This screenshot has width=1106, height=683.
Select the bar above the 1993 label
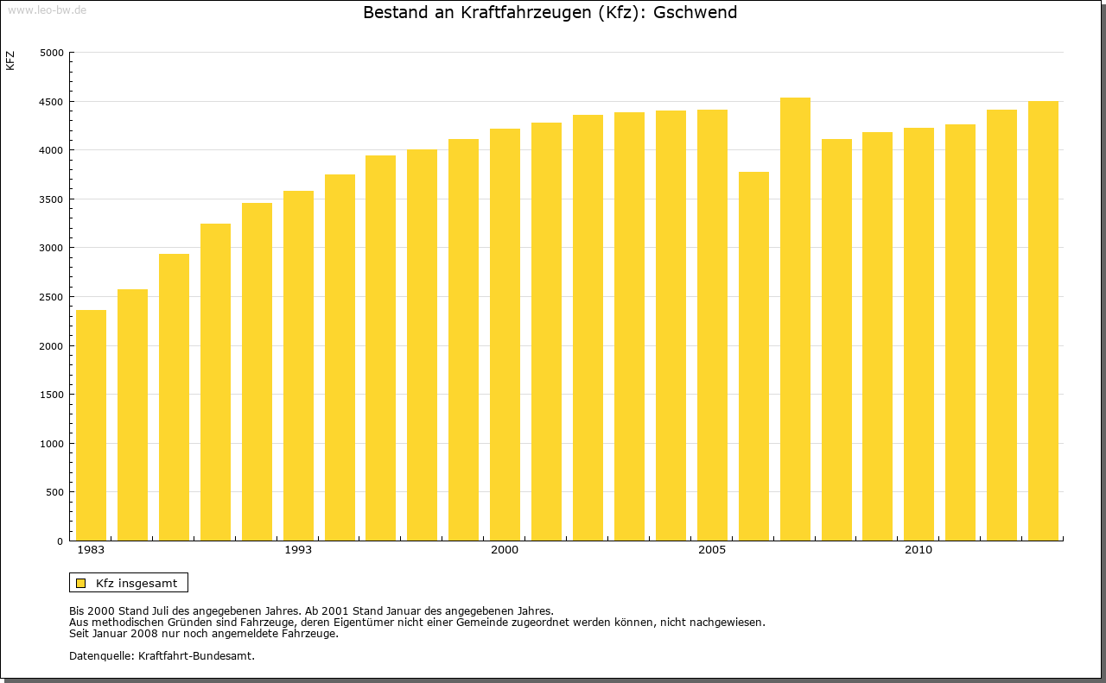click(298, 366)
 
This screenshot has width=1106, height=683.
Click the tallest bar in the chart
click(795, 319)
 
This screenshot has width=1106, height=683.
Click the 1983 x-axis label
click(91, 550)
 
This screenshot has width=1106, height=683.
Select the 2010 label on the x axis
click(918, 550)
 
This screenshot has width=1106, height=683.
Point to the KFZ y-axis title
click(10, 60)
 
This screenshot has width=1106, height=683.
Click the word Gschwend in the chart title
click(696, 13)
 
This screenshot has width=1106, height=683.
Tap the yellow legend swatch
click(80, 583)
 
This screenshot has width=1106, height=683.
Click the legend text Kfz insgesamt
click(137, 583)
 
